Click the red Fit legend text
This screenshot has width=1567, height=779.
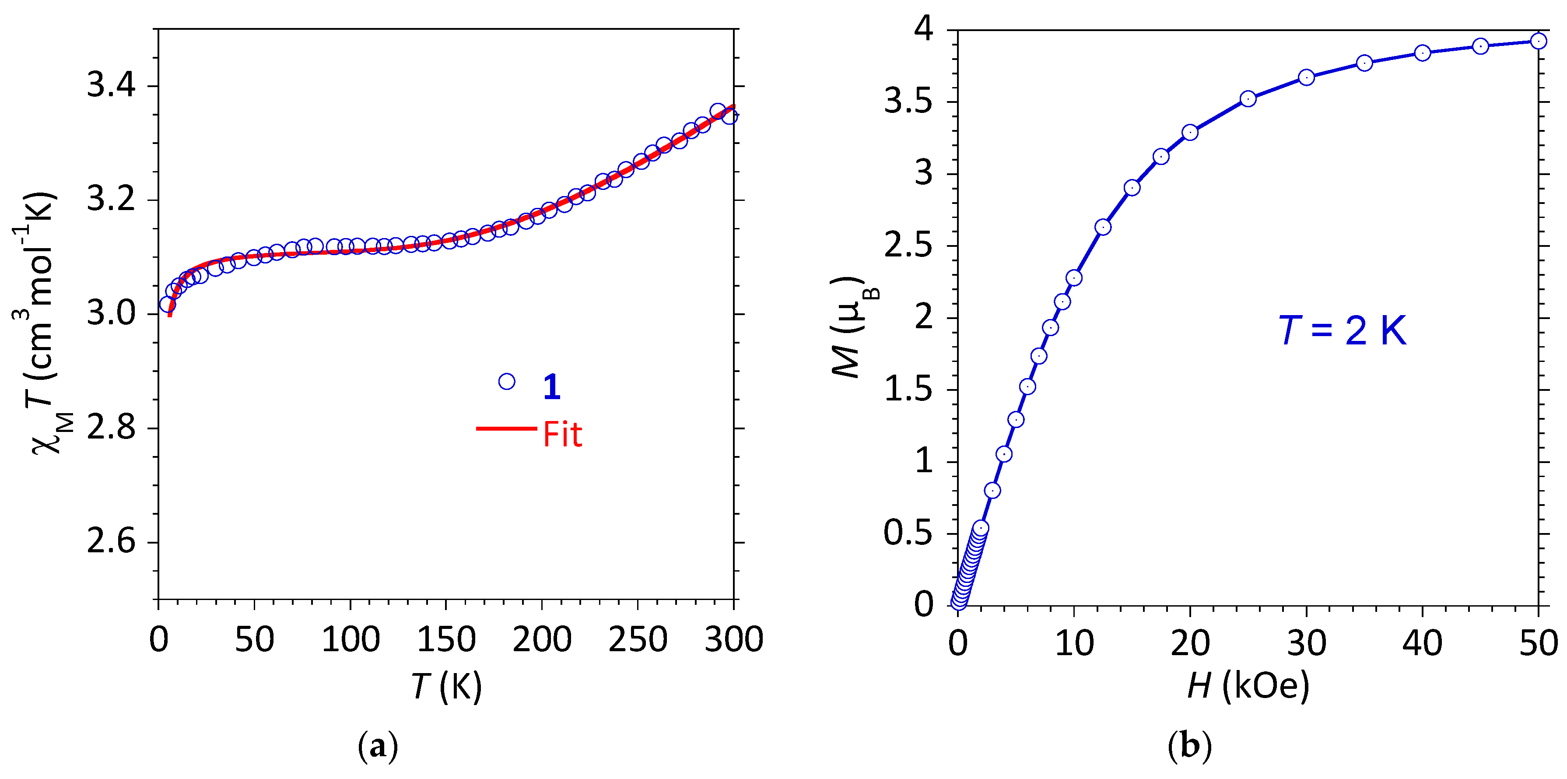[562, 435]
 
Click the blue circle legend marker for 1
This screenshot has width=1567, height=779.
[507, 382]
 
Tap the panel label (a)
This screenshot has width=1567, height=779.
[378, 746]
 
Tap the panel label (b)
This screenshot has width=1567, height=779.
[1189, 746]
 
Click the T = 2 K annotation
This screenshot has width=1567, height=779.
[1342, 331]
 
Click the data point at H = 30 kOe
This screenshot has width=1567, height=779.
[1306, 77]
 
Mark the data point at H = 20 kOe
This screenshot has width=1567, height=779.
[1190, 132]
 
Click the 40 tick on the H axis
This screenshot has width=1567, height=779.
[1422, 642]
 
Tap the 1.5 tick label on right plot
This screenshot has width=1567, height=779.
[908, 389]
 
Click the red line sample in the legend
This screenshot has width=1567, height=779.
[506, 428]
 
